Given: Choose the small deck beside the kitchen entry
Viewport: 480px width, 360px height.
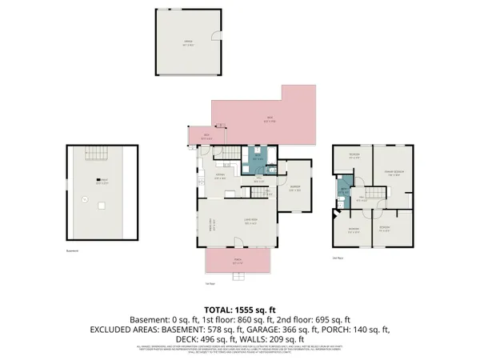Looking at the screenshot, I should [x=205, y=137].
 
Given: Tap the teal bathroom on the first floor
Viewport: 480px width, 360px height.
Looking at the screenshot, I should [x=258, y=157].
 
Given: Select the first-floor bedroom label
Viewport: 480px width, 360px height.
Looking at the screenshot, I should [x=294, y=188].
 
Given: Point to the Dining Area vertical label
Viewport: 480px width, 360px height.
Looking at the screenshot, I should [x=212, y=226].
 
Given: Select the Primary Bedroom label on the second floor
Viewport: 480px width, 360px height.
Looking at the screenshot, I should [x=392, y=171].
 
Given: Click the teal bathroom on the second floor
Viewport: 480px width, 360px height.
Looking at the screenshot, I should [x=342, y=190].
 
